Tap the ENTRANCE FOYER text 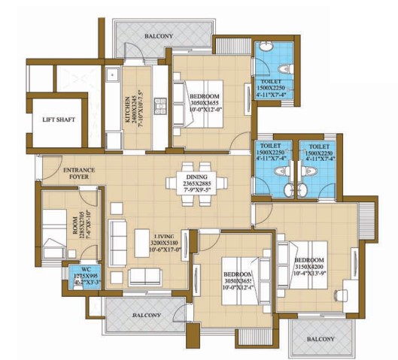pos(79,175)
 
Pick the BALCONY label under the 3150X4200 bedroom pos(321,339)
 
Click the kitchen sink pos(113,75)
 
